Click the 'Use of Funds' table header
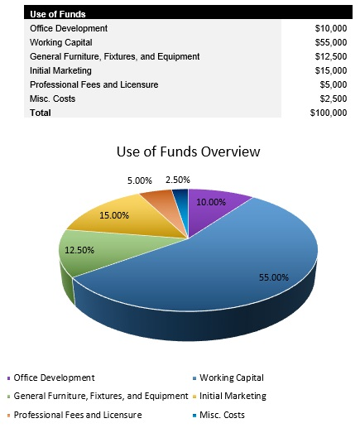pos(58,14)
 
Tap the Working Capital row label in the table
pos(60,42)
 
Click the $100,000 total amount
pos(329,113)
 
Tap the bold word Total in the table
pos(40,113)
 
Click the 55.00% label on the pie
pos(273,277)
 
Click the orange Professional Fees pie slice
pos(156,200)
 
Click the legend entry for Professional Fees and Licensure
pos(78,415)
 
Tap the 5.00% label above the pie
pos(139,180)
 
